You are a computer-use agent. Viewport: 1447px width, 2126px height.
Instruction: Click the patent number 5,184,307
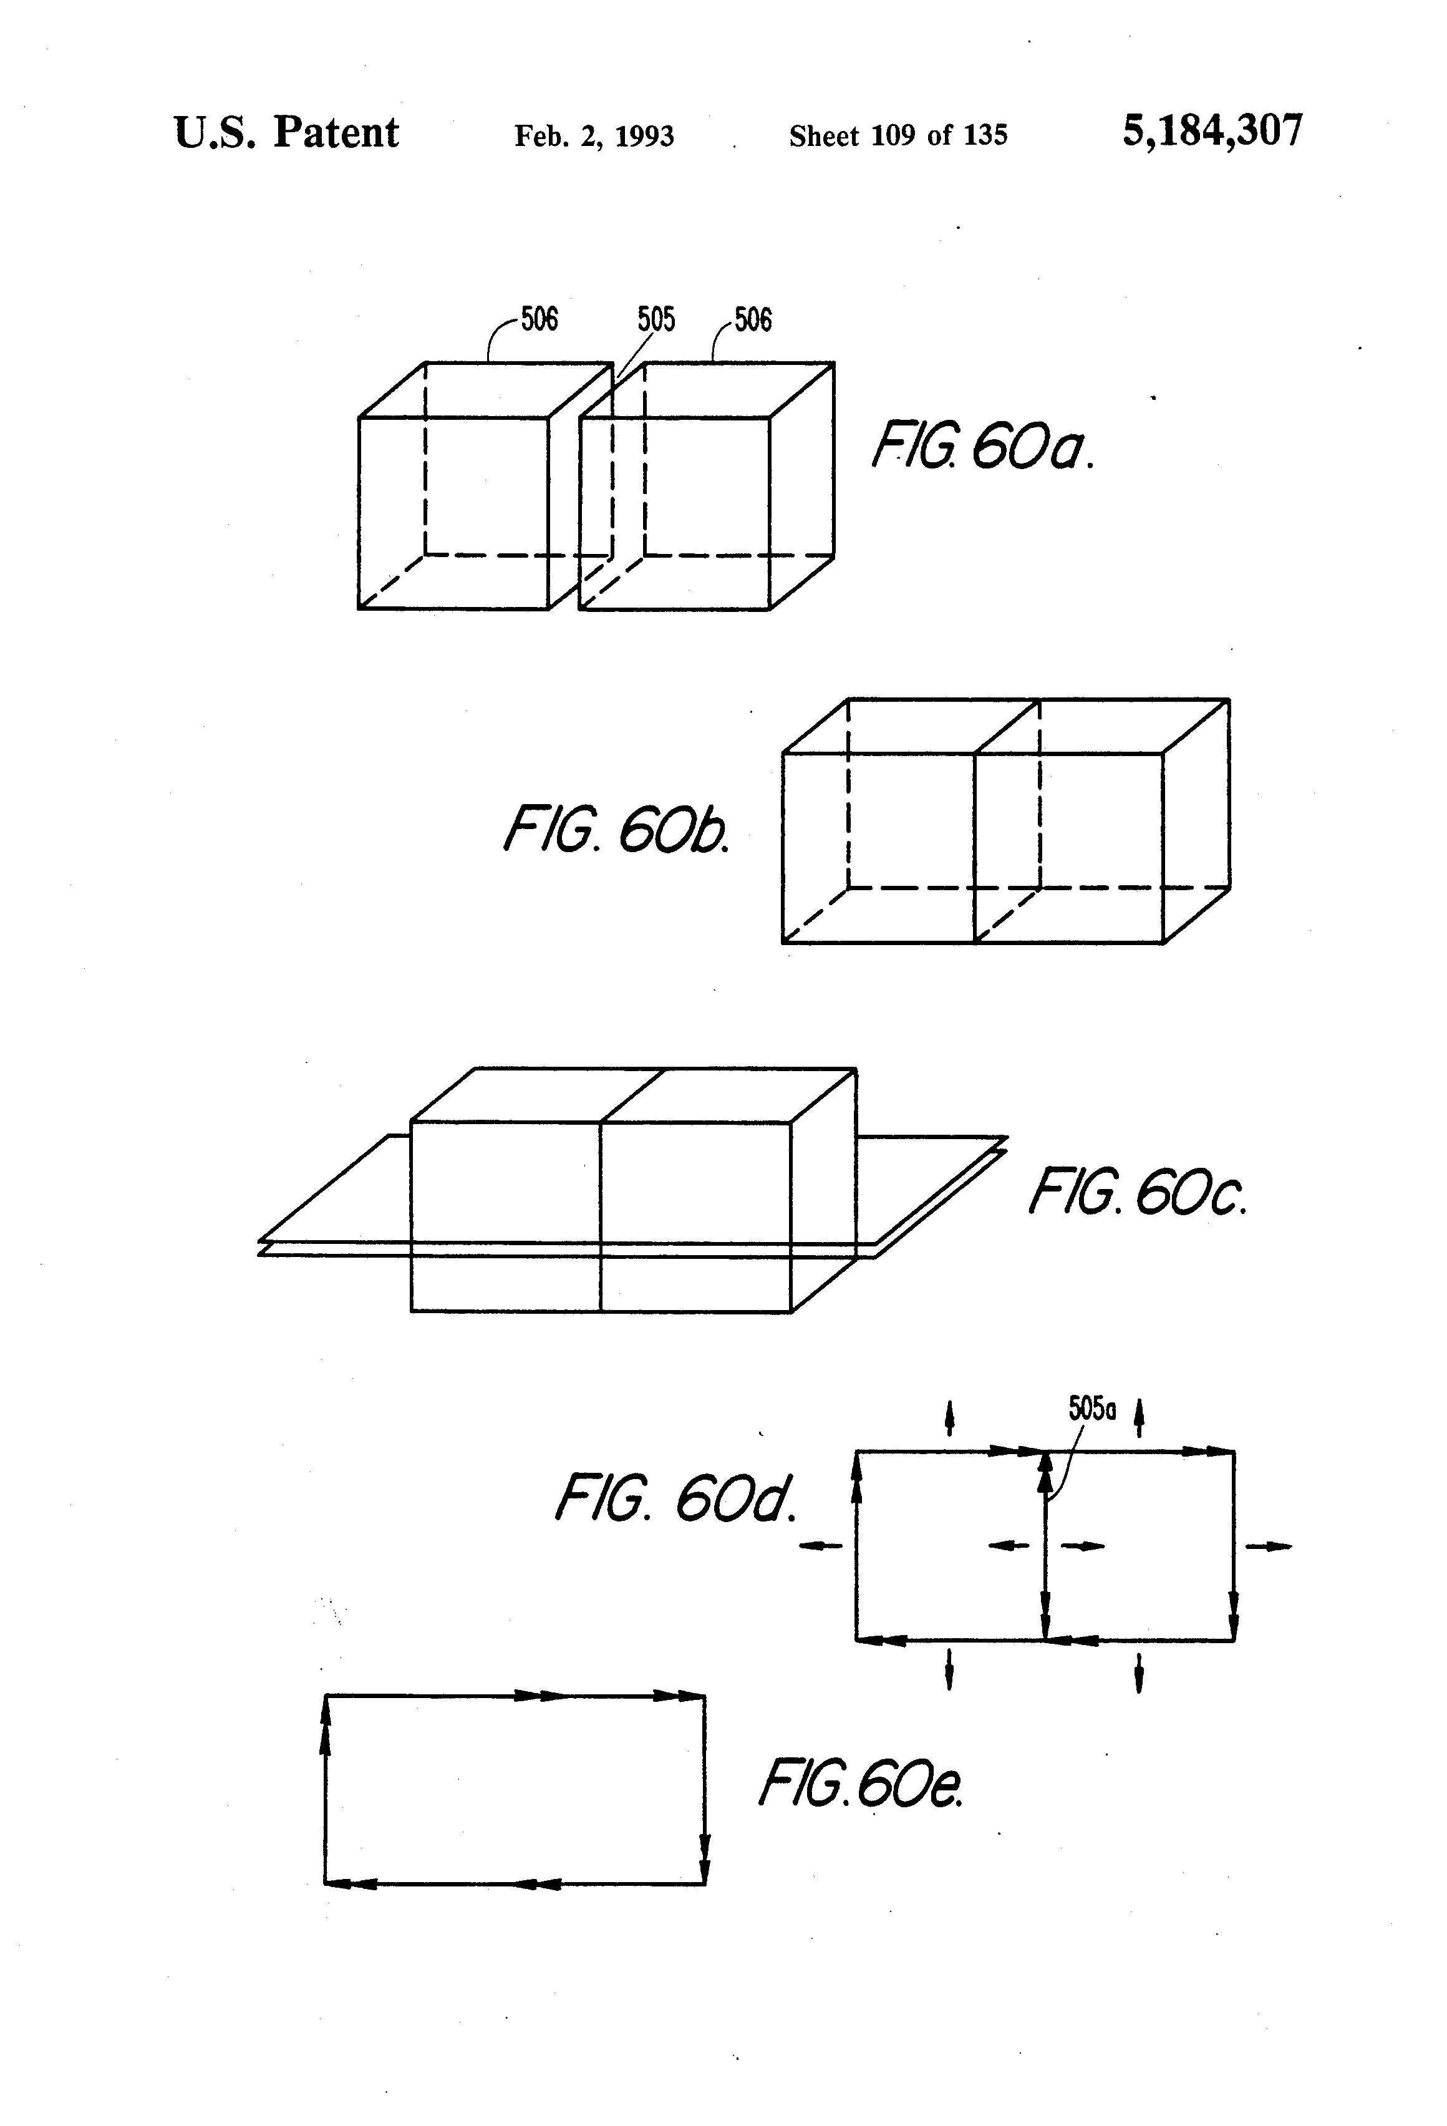[x=1212, y=131]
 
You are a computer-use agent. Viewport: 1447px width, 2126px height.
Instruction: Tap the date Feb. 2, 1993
[x=594, y=136]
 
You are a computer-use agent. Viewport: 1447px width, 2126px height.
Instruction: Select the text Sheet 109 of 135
[x=898, y=136]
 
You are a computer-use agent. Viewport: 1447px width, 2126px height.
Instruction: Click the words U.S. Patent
[x=286, y=133]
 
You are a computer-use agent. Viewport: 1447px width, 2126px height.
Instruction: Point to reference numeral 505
[x=656, y=319]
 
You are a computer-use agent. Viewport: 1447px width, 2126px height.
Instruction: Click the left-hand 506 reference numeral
[x=539, y=319]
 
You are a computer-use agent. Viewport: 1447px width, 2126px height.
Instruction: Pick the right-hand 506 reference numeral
[x=753, y=319]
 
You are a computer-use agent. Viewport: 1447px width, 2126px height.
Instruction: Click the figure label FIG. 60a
[x=982, y=447]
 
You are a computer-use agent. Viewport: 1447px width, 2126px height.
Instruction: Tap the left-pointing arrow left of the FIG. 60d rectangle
[x=820, y=1546]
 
